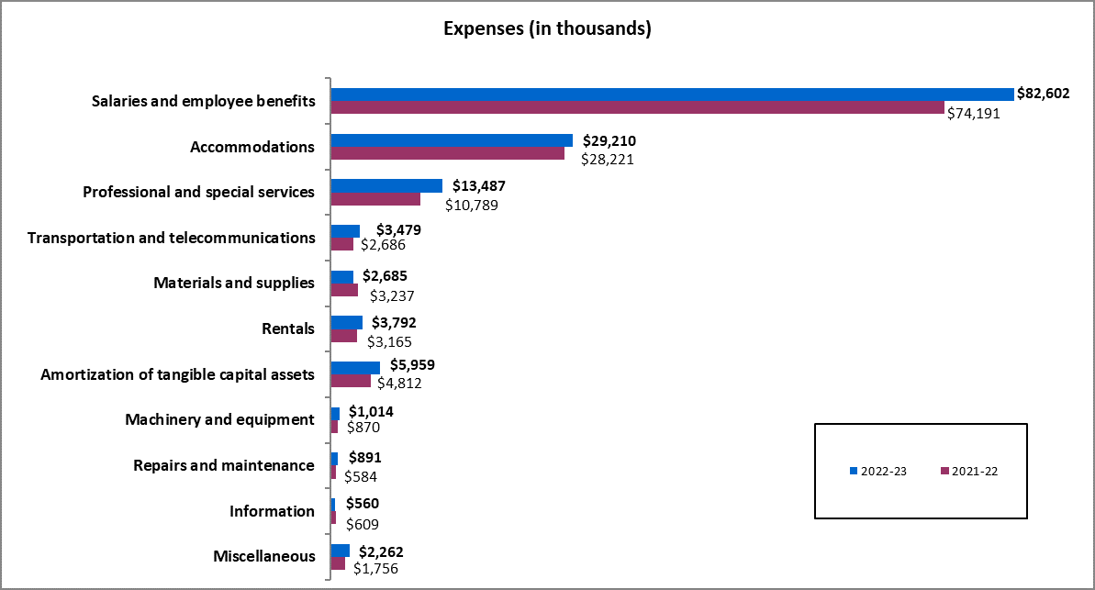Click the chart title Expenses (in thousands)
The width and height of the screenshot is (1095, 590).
(x=547, y=28)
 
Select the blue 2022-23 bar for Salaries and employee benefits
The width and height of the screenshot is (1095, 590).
(x=672, y=95)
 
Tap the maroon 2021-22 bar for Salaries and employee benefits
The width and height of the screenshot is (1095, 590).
(x=637, y=108)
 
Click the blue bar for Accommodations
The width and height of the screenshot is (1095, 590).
(x=452, y=140)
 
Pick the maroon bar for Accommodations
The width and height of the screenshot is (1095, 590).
(x=447, y=153)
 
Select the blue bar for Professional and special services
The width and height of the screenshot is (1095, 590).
(x=386, y=185)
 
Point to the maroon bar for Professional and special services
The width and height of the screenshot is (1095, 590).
(x=375, y=199)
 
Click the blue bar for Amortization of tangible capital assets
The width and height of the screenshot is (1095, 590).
(x=355, y=367)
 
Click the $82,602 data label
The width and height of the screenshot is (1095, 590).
(x=1043, y=94)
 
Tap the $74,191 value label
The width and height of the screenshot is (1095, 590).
(x=973, y=114)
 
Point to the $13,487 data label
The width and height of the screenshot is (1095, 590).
(x=478, y=185)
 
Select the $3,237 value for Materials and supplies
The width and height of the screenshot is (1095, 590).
(x=391, y=295)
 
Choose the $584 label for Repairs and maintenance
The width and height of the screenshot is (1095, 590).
(x=360, y=477)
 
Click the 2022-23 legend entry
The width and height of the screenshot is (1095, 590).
(x=878, y=471)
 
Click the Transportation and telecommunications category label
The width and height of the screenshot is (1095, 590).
(x=172, y=238)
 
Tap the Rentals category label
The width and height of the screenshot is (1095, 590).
(x=288, y=328)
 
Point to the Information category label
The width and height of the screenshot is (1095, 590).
(x=272, y=511)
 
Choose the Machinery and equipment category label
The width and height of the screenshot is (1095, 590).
(x=219, y=419)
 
